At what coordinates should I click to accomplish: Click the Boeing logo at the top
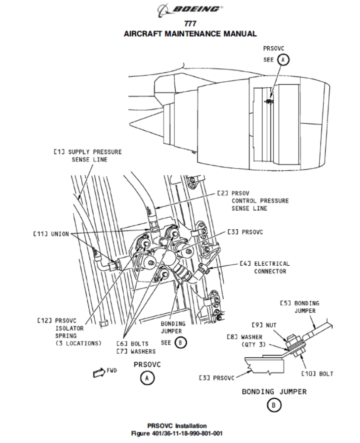(190, 10)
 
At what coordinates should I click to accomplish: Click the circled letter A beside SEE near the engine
(283, 60)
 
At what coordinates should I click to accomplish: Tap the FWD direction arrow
(99, 372)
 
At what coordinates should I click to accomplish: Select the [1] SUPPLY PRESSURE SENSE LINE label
(87, 156)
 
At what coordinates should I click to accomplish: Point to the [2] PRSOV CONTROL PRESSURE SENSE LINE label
(253, 201)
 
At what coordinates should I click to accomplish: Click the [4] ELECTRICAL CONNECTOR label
(265, 267)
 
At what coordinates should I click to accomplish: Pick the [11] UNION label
(51, 234)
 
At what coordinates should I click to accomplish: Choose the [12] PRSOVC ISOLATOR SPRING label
(69, 332)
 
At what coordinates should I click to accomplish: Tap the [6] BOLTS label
(132, 344)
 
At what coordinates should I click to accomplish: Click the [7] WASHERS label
(136, 351)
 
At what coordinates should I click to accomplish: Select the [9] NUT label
(264, 325)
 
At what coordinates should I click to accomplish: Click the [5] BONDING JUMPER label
(299, 307)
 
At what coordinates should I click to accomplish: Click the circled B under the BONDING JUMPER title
(273, 405)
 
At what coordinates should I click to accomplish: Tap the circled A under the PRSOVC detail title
(147, 378)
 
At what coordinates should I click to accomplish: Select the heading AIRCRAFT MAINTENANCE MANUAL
(190, 34)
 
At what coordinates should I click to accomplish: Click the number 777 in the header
(190, 23)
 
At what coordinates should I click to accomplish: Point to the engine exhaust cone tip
(130, 123)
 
